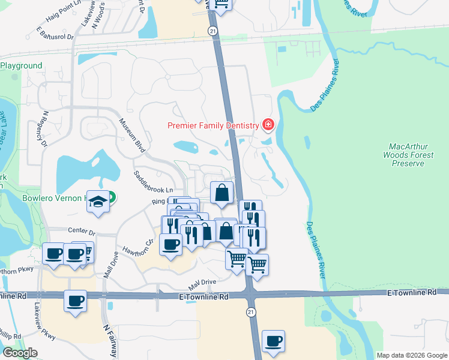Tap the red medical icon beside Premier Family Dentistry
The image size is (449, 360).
point(268,125)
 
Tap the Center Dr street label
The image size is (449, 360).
point(82,230)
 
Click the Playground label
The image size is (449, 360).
point(22,65)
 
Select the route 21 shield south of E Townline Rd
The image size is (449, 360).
point(250,311)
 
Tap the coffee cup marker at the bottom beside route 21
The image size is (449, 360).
point(273,341)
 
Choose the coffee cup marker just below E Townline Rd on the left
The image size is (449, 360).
point(75,301)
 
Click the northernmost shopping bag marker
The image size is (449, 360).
point(221,193)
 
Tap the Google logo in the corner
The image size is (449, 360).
point(20,353)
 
